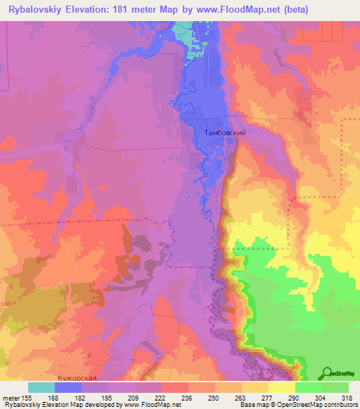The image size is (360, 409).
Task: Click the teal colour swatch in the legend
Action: pyautogui.click(x=41, y=387)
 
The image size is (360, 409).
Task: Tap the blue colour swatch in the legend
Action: pyautogui.click(x=68, y=387)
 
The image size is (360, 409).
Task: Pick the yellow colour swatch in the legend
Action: pyautogui.click(x=282, y=387)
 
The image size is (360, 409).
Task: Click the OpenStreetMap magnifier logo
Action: pyautogui.click(x=328, y=372)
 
